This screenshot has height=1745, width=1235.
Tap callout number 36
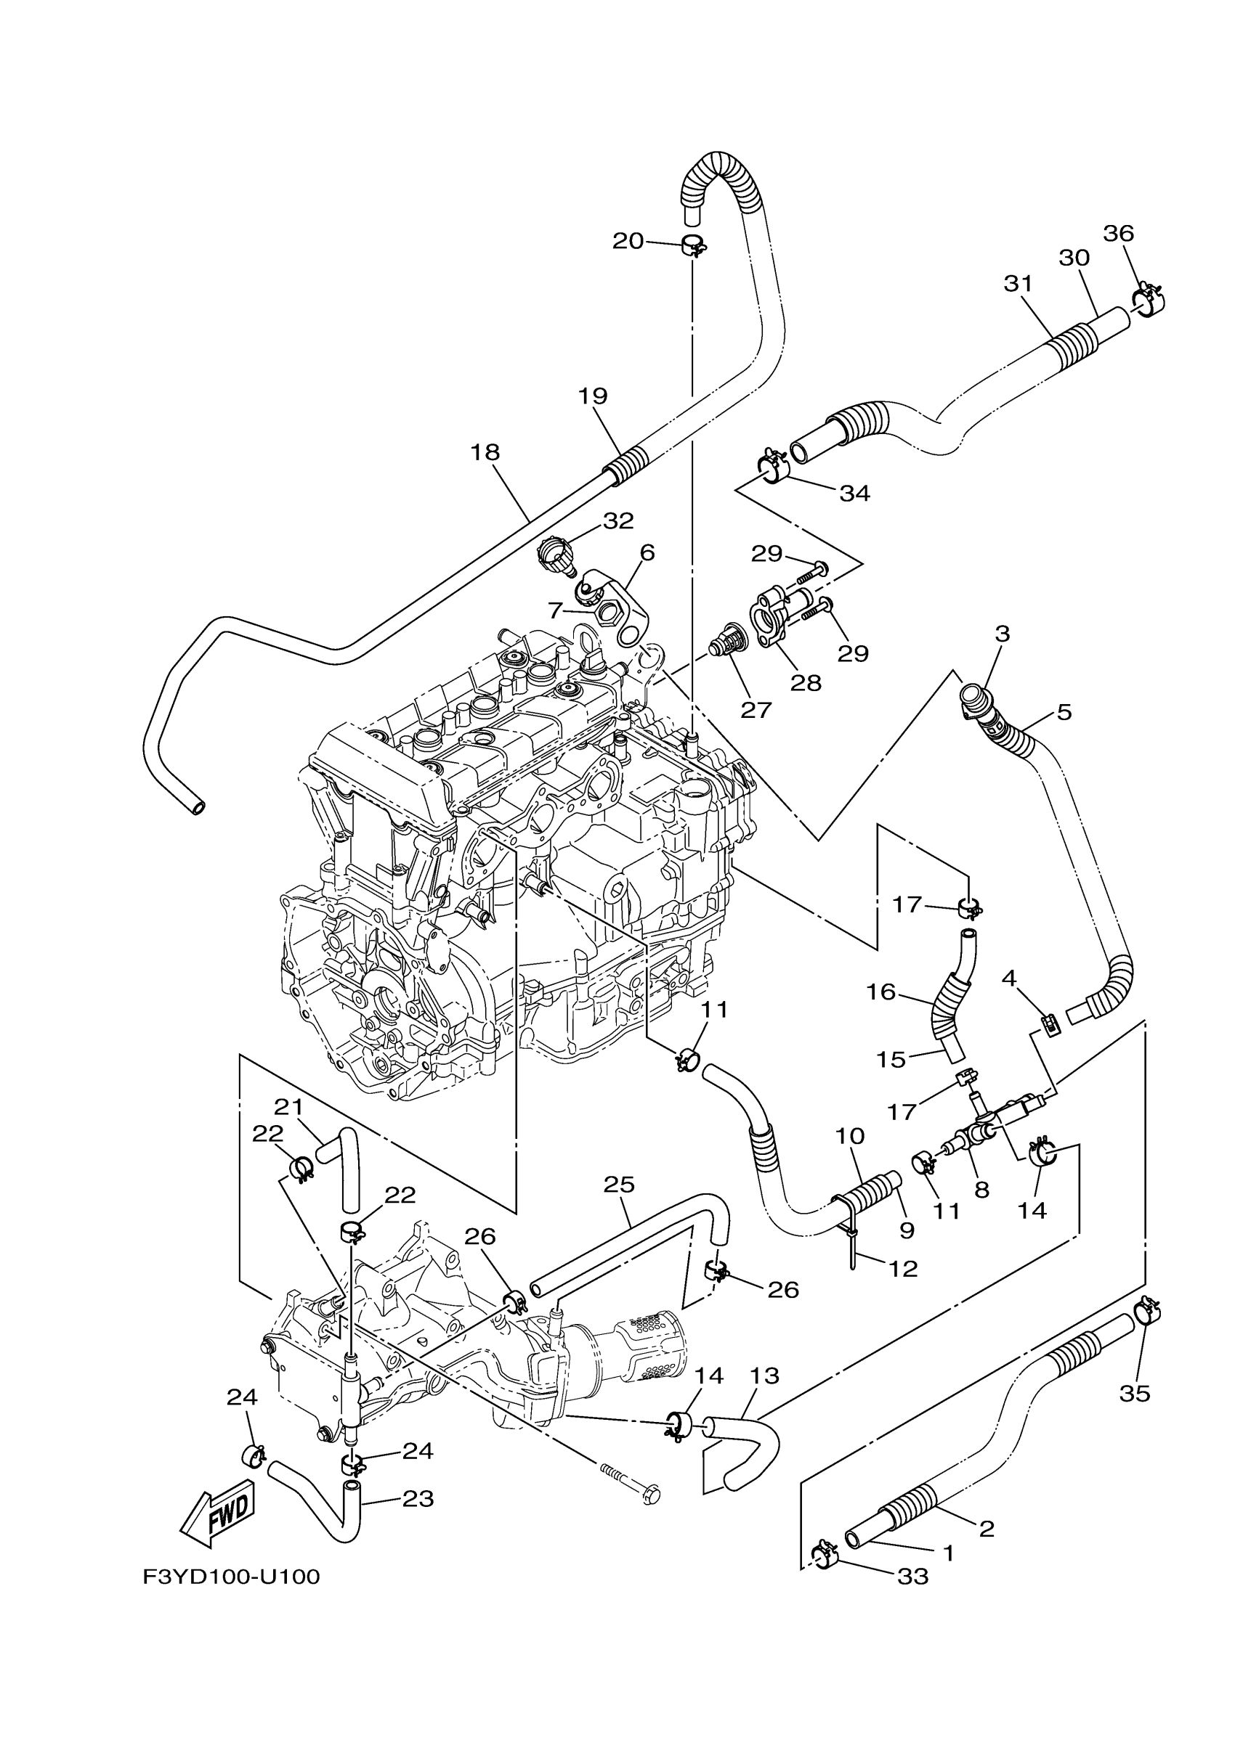pos(1118,233)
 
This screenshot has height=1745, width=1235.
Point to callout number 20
pos(628,241)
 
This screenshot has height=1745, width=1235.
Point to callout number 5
pos(1064,712)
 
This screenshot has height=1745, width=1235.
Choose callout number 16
pos(881,992)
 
